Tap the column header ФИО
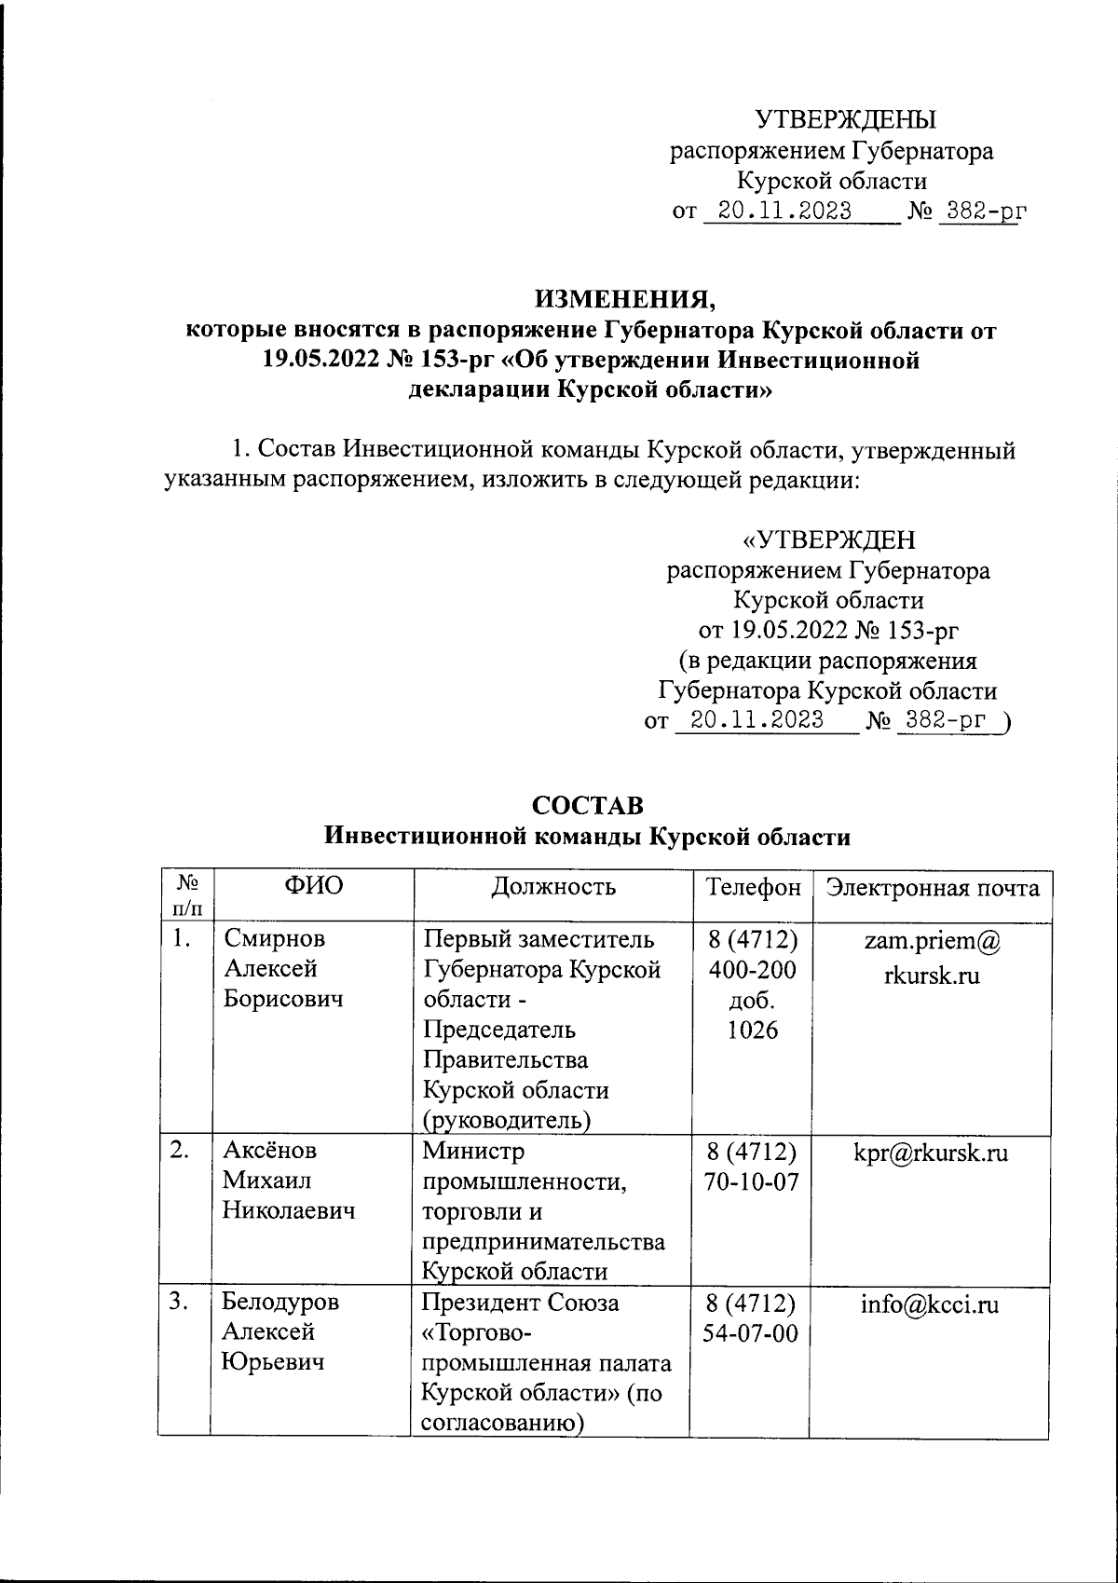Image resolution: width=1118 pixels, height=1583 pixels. coord(313,886)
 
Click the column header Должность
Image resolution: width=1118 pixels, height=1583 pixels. coord(553,886)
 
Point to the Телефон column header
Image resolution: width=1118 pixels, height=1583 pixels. coord(753,887)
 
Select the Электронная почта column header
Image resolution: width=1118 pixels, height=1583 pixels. coord(933,887)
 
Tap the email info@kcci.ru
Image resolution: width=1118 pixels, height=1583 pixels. coord(930,1304)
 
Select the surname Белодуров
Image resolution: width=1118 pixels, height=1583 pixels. coord(281,1303)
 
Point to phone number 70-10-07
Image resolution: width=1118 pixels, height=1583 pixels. coord(754,1182)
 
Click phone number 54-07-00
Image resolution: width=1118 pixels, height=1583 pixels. coord(754,1334)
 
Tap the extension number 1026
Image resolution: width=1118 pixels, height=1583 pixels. coord(754,1030)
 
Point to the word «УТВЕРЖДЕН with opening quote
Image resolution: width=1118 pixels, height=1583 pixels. coord(828,540)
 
